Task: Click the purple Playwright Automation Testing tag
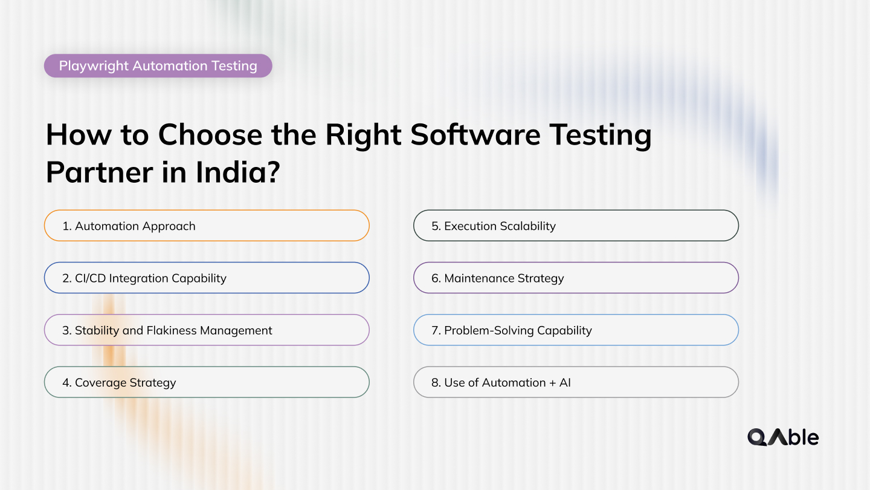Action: (x=158, y=66)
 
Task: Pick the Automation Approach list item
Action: (x=206, y=226)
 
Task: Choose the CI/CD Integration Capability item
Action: (x=206, y=278)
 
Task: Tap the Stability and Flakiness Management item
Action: (x=206, y=330)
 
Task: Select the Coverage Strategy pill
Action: (x=206, y=382)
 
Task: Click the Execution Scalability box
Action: (x=575, y=226)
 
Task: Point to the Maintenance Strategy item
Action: (x=575, y=278)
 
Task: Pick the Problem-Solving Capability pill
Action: (x=575, y=330)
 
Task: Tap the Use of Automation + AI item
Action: (x=575, y=382)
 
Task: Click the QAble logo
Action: (x=782, y=437)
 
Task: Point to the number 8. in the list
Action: (x=436, y=382)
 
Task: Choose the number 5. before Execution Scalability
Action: (x=436, y=226)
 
